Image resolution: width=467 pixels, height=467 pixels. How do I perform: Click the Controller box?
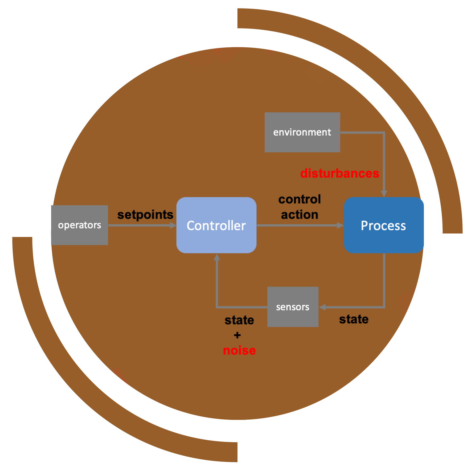[x=216, y=225]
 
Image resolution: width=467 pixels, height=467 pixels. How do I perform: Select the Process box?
[x=383, y=225]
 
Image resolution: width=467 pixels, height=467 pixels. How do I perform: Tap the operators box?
[x=79, y=225]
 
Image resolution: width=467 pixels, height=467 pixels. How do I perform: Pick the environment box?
[x=302, y=132]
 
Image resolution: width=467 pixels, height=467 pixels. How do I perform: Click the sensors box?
[x=293, y=307]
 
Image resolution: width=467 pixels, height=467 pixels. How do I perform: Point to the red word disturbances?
[x=339, y=173]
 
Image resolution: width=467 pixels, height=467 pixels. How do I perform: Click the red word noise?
[x=239, y=350]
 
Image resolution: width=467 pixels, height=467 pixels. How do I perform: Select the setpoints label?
[x=145, y=215]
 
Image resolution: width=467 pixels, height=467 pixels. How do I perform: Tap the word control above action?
[x=300, y=199]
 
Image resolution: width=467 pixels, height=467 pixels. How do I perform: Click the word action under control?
[x=300, y=215]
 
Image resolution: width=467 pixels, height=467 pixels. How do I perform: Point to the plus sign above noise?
[x=237, y=335]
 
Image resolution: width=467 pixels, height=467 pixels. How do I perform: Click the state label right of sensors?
[x=354, y=319]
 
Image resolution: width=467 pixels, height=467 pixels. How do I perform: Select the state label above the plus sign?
[x=239, y=320]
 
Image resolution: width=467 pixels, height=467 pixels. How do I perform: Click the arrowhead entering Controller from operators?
[x=173, y=226]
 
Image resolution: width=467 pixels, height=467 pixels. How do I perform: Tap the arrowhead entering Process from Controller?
[x=340, y=226]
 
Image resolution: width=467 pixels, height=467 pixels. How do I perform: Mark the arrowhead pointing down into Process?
[x=384, y=194]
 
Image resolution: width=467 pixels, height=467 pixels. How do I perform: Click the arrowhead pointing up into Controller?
[x=217, y=257]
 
